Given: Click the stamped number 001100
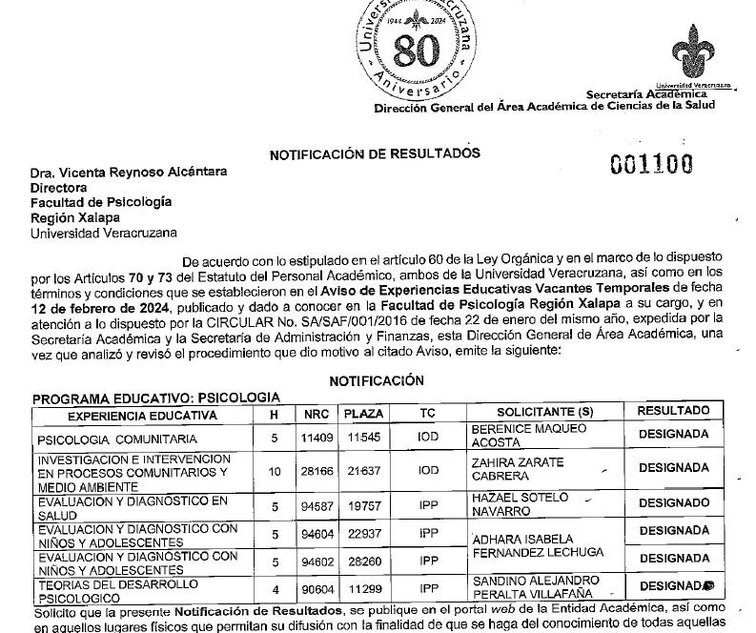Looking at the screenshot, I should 651,164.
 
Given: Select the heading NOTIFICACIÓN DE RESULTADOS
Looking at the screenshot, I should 376,153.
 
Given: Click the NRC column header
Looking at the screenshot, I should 316,414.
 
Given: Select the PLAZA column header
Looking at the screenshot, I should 362,414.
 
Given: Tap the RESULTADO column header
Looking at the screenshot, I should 673,411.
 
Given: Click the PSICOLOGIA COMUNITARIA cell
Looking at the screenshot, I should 116,439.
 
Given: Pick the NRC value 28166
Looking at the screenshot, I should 316,470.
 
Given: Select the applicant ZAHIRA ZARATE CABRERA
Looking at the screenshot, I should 520,469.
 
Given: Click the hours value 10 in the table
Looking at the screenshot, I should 275,470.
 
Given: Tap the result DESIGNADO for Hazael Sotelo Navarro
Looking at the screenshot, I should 673,502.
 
